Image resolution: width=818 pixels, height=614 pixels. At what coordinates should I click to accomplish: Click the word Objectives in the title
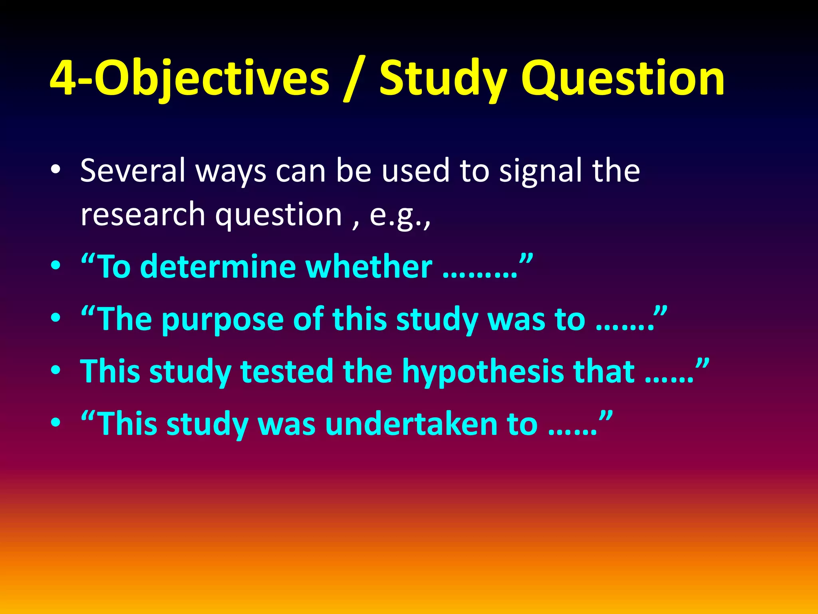coord(212,78)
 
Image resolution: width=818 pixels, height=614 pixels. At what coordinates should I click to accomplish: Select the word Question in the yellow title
coord(623,78)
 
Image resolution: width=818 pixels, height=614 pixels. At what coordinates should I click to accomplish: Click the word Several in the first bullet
coord(133,170)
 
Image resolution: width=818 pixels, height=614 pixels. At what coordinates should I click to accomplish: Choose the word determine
coord(218,267)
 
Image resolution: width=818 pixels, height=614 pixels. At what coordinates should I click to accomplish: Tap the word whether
coord(369,267)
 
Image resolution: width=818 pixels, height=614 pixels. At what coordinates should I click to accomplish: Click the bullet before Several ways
coord(56,170)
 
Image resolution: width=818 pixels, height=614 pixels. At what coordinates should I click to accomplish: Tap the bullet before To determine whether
coord(56,266)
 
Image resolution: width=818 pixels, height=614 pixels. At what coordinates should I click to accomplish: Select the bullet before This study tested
coord(56,371)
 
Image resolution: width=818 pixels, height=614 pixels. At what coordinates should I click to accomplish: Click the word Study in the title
coord(443,78)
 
